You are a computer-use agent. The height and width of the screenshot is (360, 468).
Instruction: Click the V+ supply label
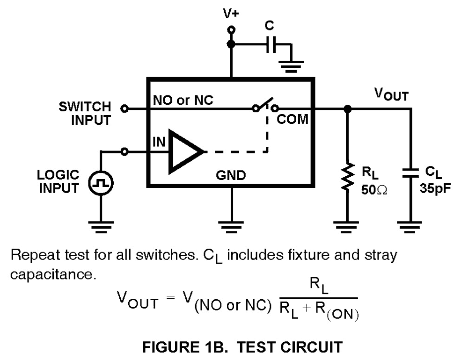coord(231,14)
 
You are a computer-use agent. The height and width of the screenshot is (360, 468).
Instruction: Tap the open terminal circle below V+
coord(231,30)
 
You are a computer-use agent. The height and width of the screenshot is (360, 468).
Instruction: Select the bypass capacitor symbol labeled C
coord(271,44)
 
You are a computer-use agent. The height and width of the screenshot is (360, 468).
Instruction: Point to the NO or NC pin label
coord(183,100)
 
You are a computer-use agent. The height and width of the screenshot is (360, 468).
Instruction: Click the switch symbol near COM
coord(265,105)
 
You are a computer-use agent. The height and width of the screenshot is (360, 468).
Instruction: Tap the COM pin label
coord(292,119)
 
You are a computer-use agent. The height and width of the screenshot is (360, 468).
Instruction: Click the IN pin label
coord(159,142)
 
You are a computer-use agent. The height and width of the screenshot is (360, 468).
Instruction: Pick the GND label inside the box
coord(231,175)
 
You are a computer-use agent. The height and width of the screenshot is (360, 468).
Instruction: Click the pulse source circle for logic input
coord(101,183)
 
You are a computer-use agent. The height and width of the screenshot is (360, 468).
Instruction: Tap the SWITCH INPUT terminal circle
coord(124,108)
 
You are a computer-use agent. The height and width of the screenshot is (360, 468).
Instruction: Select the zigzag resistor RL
coord(347,177)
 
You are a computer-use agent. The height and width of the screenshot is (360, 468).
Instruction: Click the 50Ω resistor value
coord(374,189)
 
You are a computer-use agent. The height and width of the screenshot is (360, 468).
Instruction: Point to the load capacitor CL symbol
coord(410,173)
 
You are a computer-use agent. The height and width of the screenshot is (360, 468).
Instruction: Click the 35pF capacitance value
coord(435,188)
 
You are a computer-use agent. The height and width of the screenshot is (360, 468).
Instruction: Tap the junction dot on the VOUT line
coord(347,109)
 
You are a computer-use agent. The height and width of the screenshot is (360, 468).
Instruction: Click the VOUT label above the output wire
coord(391,94)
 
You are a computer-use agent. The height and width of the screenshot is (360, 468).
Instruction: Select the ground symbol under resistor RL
coord(346,227)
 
